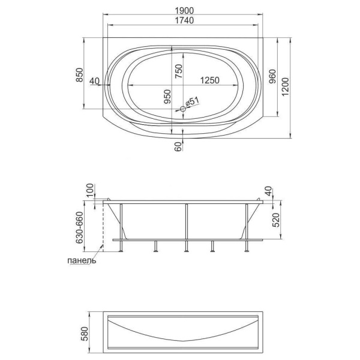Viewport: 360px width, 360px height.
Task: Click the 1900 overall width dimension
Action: click(x=184, y=11)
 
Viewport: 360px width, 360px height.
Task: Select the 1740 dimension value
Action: click(x=184, y=20)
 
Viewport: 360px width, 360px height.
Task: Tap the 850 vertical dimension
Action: click(x=79, y=75)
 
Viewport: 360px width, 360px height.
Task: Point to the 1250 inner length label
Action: click(x=210, y=80)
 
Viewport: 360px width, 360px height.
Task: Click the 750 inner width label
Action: click(x=179, y=71)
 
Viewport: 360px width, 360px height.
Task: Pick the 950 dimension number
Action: click(x=167, y=97)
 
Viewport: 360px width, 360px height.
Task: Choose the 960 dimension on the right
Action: click(x=272, y=76)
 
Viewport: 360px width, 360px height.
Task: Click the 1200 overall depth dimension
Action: click(x=285, y=87)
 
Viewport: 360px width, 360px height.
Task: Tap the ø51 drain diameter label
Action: click(x=192, y=101)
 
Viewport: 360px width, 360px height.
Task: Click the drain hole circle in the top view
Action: click(x=183, y=109)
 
